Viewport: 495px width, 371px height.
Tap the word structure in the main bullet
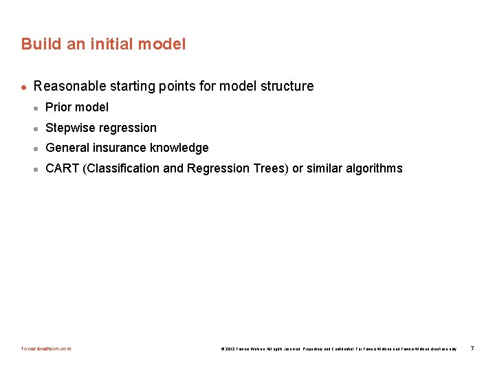(287, 87)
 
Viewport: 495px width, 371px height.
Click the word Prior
(58, 107)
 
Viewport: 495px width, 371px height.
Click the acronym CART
(62, 168)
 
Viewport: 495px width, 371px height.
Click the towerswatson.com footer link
(46, 348)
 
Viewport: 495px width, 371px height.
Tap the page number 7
(472, 348)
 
